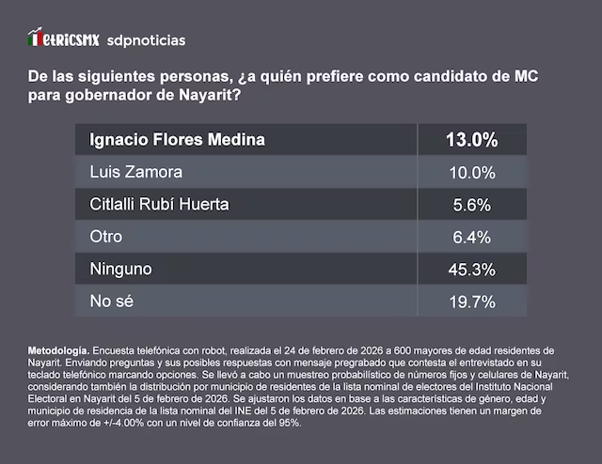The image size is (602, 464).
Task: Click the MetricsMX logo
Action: pyautogui.click(x=63, y=39)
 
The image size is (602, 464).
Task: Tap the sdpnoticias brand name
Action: pyautogui.click(x=147, y=40)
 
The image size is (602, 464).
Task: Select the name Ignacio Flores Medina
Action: pyautogui.click(x=177, y=140)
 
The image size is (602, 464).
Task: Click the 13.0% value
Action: pyautogui.click(x=471, y=141)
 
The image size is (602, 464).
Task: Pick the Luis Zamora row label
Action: pyautogui.click(x=135, y=173)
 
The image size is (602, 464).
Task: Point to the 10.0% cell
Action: pyautogui.click(x=471, y=173)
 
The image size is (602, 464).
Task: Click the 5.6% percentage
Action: pyautogui.click(x=471, y=206)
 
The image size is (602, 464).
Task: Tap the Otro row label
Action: pyautogui.click(x=105, y=238)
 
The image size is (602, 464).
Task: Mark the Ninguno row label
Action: pyautogui.click(x=120, y=270)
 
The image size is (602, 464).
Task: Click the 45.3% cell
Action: pyautogui.click(x=471, y=271)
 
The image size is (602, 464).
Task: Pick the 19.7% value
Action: pyautogui.click(x=471, y=302)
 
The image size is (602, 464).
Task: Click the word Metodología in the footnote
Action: pyautogui.click(x=58, y=350)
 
